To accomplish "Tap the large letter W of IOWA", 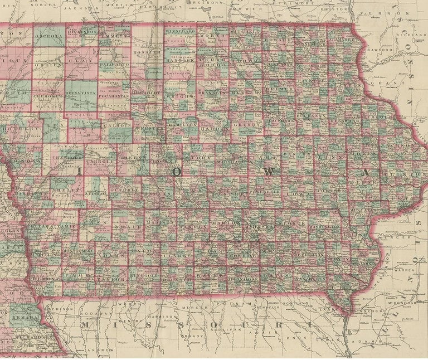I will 269,173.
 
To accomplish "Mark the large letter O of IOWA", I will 177,172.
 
